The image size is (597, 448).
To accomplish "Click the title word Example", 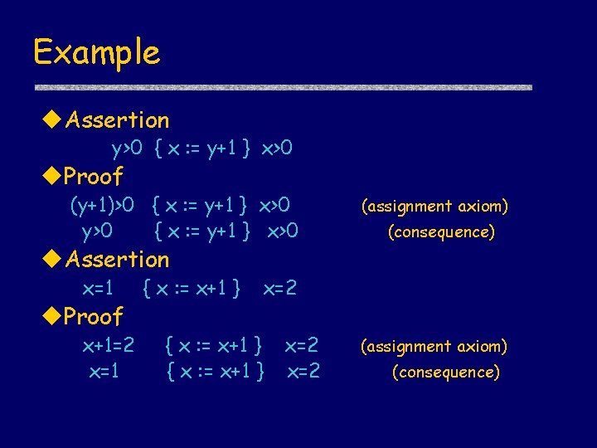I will click(x=96, y=53).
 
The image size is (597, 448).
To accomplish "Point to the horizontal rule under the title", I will click(x=282, y=87).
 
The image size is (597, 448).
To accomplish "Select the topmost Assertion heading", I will click(x=117, y=120).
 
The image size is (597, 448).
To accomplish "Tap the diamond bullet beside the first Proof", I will click(x=52, y=177).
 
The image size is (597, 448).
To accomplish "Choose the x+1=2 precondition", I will click(x=109, y=344).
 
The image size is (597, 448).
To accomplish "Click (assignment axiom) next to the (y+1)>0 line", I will click(x=434, y=207).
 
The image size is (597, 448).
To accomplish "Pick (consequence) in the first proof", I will click(x=441, y=232).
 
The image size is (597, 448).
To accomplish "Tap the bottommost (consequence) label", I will click(x=445, y=373).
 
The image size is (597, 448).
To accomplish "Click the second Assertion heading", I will click(x=117, y=260).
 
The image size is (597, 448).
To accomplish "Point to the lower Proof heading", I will click(x=94, y=316).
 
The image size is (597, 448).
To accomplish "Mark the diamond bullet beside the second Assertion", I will click(x=52, y=260).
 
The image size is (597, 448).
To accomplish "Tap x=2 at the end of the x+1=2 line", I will click(x=302, y=344).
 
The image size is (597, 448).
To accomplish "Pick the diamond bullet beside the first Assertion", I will click(x=52, y=120).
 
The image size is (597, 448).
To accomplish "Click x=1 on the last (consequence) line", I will click(x=104, y=372).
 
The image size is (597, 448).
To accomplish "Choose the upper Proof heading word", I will click(x=94, y=177).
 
